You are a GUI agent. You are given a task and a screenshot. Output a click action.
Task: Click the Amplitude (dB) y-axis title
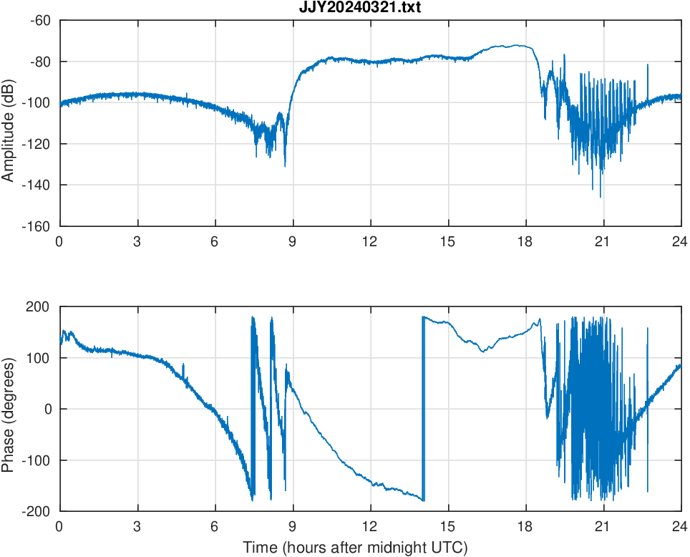[x=9, y=123]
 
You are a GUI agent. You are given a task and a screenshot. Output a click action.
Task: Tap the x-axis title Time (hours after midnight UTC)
[x=355, y=548]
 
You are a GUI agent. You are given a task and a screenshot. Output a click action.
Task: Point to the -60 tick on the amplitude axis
[x=40, y=20]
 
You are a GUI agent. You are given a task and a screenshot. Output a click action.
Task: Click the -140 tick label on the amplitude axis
[x=37, y=185]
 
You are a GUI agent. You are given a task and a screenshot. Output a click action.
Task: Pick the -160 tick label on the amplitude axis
[x=37, y=226]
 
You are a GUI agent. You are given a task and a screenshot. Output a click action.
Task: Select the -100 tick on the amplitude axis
[x=37, y=103]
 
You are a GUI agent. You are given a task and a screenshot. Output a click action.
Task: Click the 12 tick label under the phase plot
[x=370, y=525]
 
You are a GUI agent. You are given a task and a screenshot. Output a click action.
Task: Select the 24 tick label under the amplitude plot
[x=680, y=241]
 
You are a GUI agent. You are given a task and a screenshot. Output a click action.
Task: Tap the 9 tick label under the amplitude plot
[x=292, y=241]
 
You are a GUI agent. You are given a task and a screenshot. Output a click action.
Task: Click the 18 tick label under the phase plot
[x=525, y=525]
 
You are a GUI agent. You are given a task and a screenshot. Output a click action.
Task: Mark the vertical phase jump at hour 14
[x=423, y=408]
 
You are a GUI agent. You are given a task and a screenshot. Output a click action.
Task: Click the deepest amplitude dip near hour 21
[x=601, y=196]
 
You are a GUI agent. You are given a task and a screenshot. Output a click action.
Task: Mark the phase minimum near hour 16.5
[x=482, y=352]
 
